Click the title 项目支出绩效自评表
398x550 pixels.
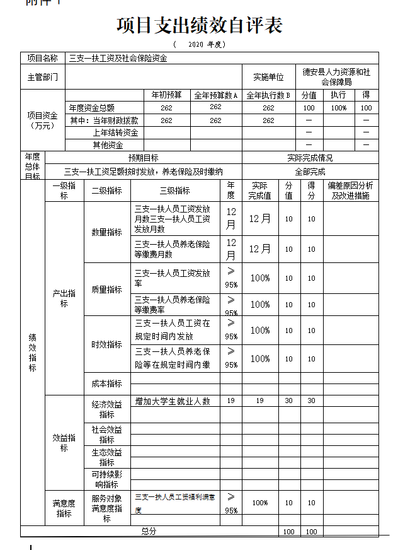[199, 25]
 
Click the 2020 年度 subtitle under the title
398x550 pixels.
[199, 45]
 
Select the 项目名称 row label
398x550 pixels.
[43, 58]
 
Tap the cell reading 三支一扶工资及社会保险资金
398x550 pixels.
[118, 58]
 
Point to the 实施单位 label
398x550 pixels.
[269, 77]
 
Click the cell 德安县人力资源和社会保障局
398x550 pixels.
[336, 77]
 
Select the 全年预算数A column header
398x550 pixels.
[215, 95]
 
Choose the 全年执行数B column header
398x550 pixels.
[268, 95]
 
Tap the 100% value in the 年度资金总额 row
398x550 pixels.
[339, 108]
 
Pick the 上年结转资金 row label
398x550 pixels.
[115, 132]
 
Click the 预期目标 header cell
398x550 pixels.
[144, 158]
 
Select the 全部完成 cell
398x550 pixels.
[310, 171]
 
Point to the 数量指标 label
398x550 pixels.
[107, 232]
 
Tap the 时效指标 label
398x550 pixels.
[107, 344]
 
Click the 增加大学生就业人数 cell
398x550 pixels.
[173, 401]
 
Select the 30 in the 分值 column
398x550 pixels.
[289, 401]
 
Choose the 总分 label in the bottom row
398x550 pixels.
[149, 531]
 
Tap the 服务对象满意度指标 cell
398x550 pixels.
[107, 508]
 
